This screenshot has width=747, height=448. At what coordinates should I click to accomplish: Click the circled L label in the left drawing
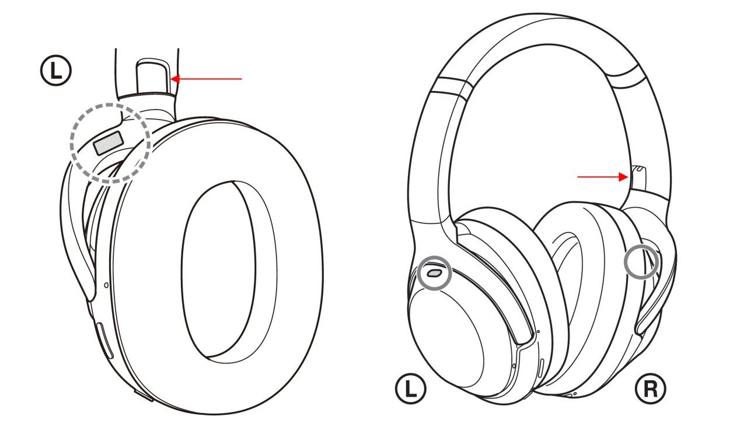point(56,71)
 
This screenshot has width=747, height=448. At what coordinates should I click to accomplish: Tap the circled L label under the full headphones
point(410,388)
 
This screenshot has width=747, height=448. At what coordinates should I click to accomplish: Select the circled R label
point(650,388)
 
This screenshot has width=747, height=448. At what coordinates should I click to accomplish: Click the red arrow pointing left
point(206,79)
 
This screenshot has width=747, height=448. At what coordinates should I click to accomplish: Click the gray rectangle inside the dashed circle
point(109,143)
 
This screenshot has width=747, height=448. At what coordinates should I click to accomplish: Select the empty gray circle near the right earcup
point(642,262)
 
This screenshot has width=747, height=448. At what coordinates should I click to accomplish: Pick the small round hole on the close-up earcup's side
point(106,285)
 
